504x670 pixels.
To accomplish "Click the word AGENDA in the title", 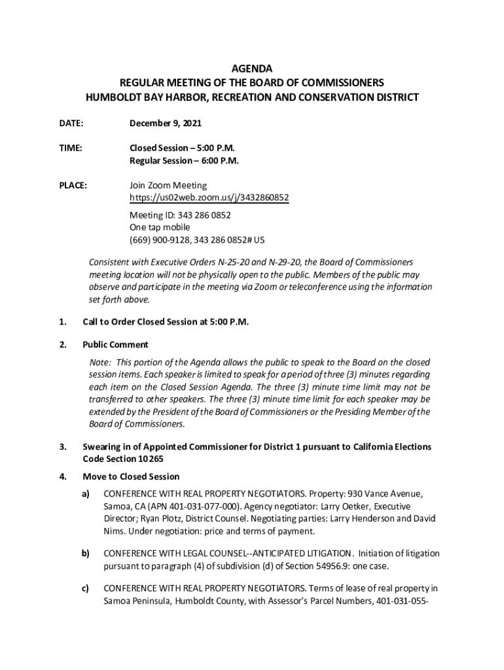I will click(252, 69).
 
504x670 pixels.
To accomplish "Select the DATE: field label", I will click(71, 123).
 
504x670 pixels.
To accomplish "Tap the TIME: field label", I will click(71, 149).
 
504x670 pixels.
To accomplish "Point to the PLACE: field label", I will click(73, 186).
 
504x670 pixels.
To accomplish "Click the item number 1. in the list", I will click(63, 322).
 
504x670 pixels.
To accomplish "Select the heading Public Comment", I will click(115, 345).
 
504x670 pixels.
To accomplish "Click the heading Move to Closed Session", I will click(131, 476).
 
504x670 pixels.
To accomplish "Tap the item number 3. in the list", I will click(63, 447).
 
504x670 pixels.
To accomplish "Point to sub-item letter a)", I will click(86, 493).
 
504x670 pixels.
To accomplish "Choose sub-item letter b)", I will click(86, 554).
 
